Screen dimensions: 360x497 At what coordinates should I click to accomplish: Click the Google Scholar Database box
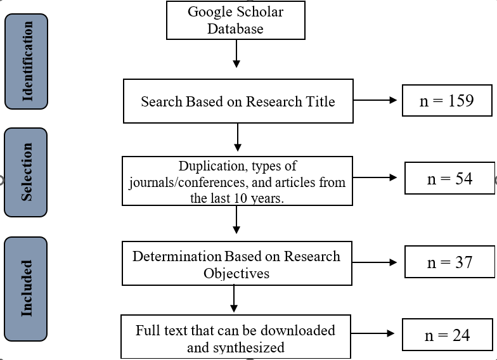(236, 20)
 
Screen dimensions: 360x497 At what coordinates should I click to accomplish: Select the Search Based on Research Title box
(238, 101)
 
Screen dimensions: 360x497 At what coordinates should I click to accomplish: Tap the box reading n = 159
(446, 100)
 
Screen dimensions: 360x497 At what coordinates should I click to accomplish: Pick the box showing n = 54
(449, 178)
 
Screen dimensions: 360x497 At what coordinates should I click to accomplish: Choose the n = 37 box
(449, 261)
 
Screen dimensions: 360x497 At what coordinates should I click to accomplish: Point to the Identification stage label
(26, 61)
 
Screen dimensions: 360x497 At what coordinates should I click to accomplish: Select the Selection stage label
(26, 172)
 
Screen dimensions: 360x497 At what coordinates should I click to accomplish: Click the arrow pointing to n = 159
(377, 100)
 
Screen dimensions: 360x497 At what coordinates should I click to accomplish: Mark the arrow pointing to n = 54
(378, 178)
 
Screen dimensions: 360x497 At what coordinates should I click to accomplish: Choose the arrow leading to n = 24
(376, 333)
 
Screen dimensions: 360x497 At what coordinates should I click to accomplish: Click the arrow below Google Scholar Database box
(236, 53)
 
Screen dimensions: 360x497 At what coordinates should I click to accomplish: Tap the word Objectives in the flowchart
(236, 274)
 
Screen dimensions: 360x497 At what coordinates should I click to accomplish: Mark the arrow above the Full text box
(234, 299)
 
